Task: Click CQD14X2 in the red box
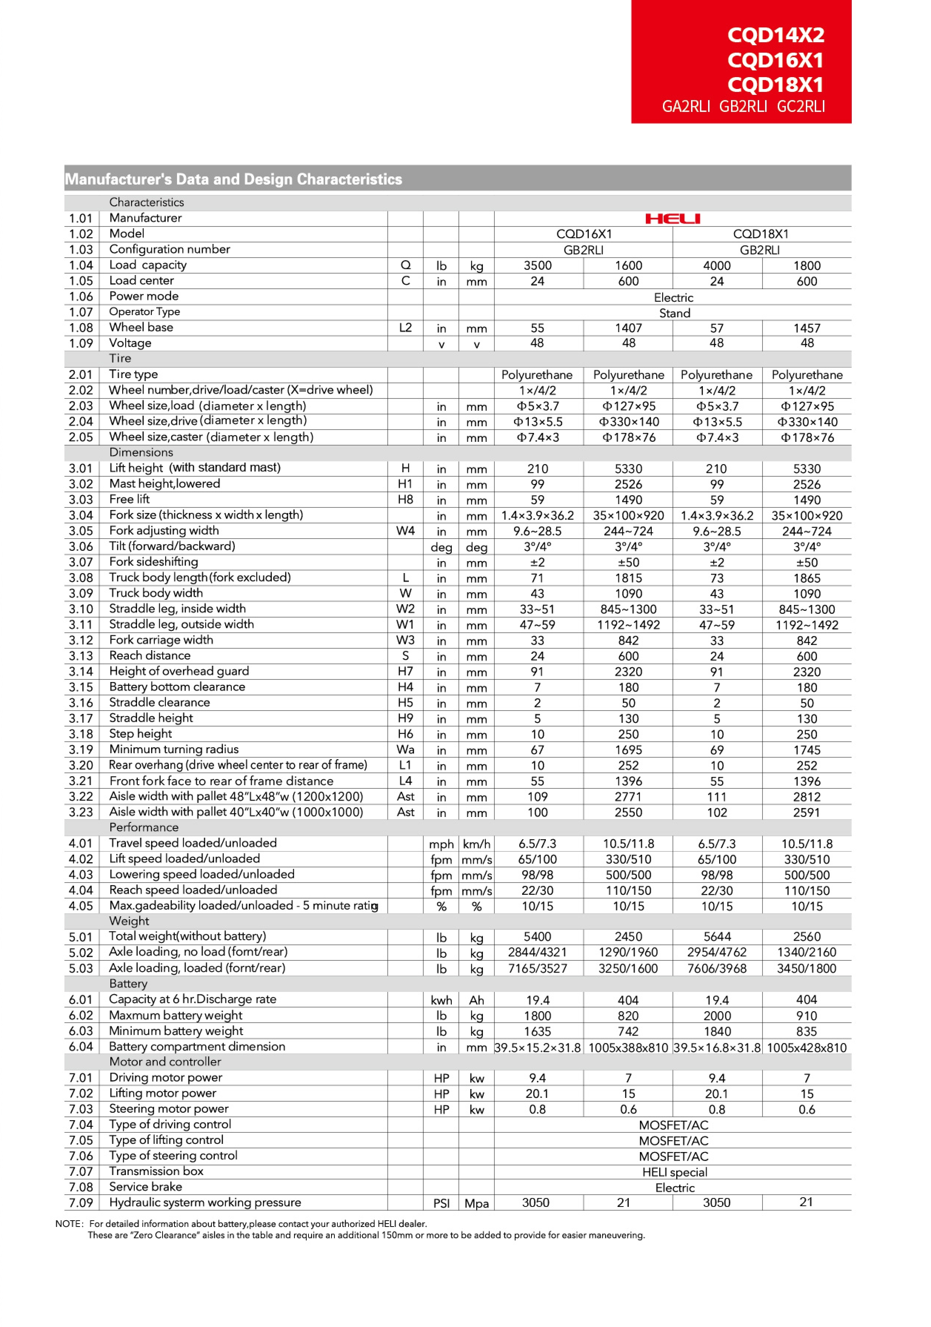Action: pos(775,35)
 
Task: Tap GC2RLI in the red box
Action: pos(801,107)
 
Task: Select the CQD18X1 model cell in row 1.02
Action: pos(761,234)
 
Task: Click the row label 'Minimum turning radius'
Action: pos(174,749)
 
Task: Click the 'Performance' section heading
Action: pos(144,827)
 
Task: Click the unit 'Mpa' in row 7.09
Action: pos(477,1203)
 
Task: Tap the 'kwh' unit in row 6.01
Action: pos(441,1000)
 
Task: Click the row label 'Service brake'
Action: pos(146,1187)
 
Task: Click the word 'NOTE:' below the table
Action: pos(69,1224)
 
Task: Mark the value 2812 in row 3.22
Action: pos(806,797)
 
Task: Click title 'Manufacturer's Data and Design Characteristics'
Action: pos(233,179)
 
